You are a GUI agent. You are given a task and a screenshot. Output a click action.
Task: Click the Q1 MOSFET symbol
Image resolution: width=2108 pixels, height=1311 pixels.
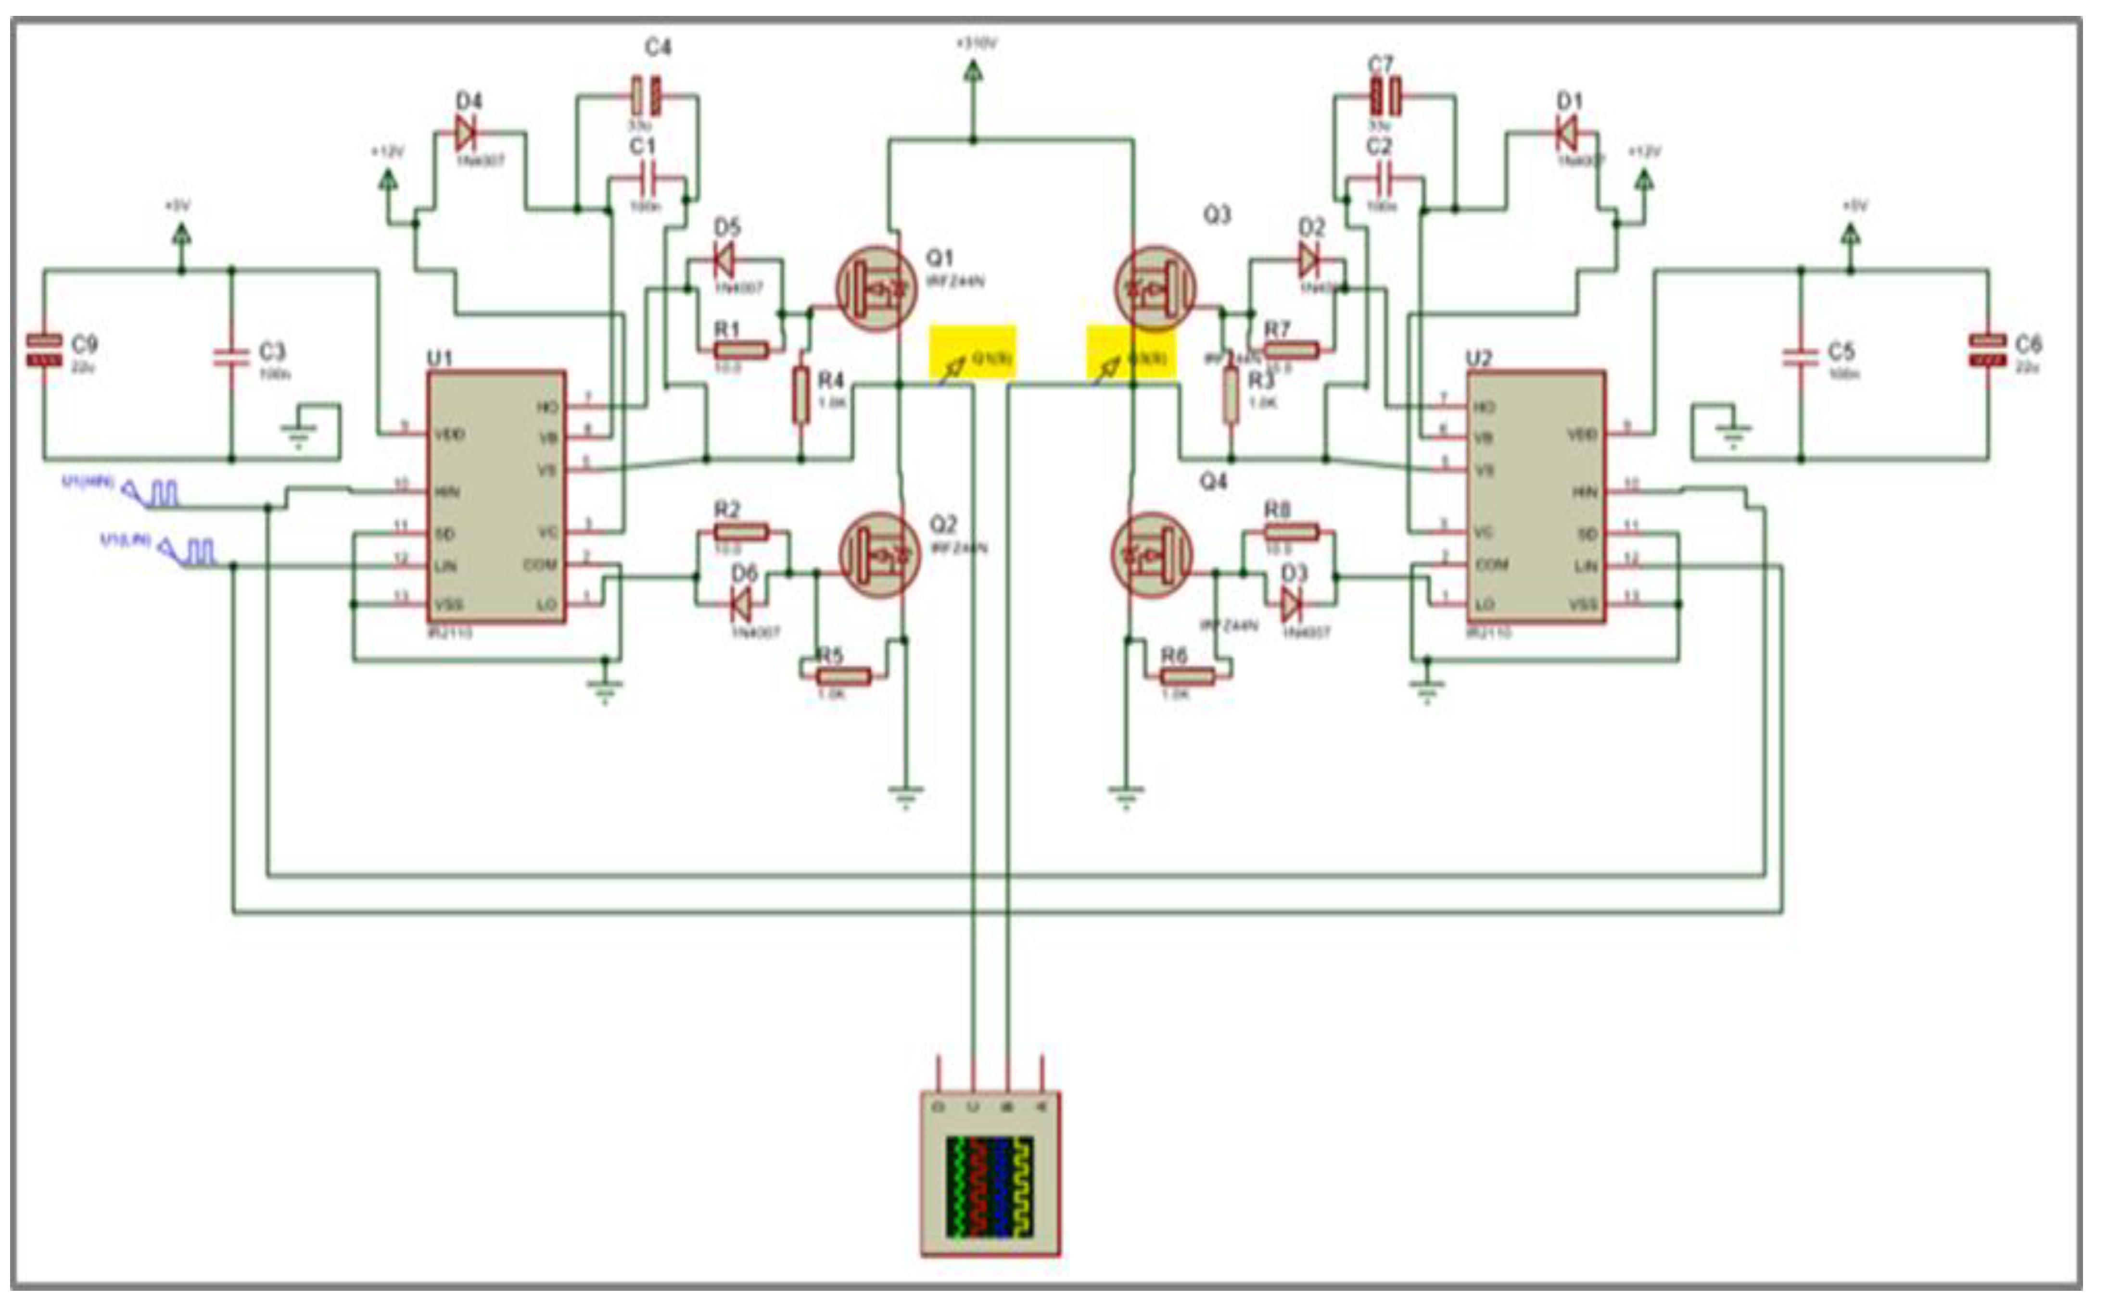pyautogui.click(x=876, y=288)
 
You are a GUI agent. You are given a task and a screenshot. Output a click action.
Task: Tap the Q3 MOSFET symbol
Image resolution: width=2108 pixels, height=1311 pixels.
pyautogui.click(x=1154, y=288)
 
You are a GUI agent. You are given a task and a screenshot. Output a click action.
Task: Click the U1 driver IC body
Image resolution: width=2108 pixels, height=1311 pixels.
pyautogui.click(x=496, y=497)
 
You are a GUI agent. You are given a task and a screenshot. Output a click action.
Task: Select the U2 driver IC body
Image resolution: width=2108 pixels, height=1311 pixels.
pyautogui.click(x=1536, y=497)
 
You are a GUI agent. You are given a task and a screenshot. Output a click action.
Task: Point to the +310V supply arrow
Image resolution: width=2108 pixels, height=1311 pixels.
pyautogui.click(x=973, y=74)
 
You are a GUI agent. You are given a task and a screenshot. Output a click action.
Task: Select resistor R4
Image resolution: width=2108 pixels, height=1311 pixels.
pyautogui.click(x=800, y=395)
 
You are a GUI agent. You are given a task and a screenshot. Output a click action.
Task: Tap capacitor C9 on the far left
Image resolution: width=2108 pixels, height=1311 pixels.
pyautogui.click(x=44, y=350)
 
